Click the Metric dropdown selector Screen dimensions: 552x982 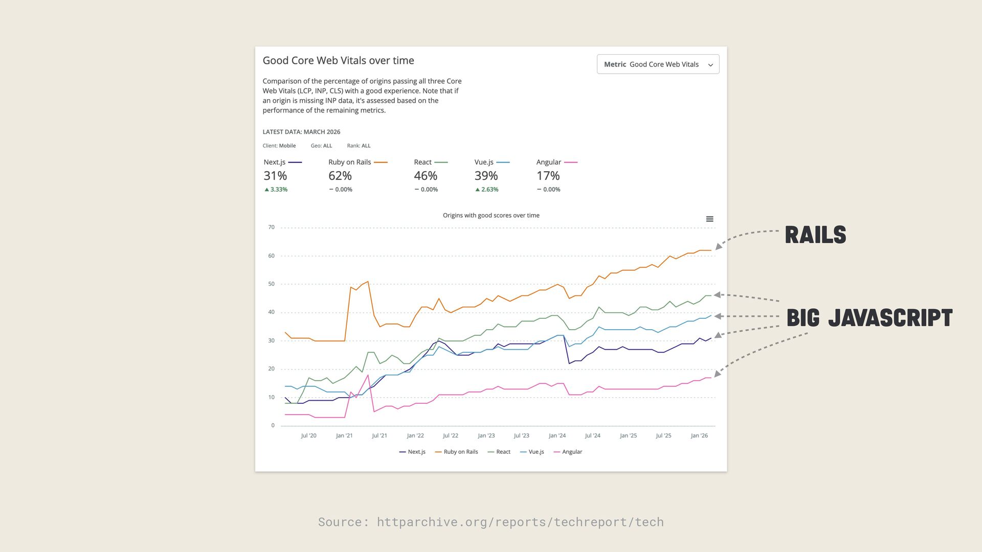[658, 64]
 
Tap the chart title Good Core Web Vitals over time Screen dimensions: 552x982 [338, 60]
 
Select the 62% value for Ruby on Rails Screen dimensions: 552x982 [340, 176]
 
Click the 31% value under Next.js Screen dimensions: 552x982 [275, 176]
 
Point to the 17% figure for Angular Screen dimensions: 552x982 [548, 176]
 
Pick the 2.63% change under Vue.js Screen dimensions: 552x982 [487, 190]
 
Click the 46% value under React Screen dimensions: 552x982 [426, 176]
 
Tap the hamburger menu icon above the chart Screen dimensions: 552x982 [709, 219]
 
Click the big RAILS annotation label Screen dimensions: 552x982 [815, 235]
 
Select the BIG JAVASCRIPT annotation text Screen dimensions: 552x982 [869, 318]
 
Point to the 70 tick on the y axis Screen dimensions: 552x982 [271, 227]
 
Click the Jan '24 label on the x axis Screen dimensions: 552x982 [557, 436]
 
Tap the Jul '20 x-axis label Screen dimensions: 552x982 [308, 436]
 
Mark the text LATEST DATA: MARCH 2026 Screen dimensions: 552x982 [301, 132]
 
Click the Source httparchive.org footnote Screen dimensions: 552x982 [491, 522]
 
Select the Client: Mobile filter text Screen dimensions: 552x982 [279, 146]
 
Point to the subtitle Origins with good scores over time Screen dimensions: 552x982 [491, 216]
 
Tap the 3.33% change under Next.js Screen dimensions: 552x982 [276, 190]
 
